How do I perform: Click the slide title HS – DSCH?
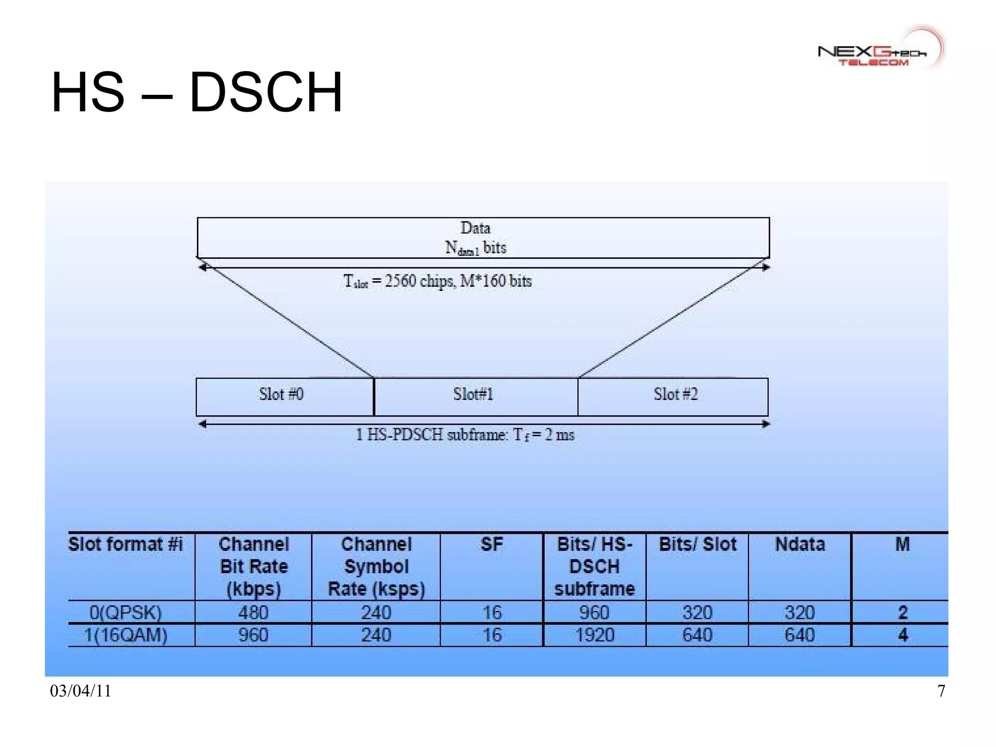tap(197, 92)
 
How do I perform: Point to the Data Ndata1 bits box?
tap(483, 237)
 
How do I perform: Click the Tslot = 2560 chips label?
tap(438, 281)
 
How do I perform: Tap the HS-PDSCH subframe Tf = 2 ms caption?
tap(465, 435)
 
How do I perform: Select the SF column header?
tap(491, 544)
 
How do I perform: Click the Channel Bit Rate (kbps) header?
tap(253, 566)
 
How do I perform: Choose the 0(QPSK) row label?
tap(125, 613)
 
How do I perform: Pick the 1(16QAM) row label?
tap(125, 636)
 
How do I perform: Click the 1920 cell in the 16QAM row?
tap(594, 636)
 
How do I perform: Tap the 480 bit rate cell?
tap(253, 613)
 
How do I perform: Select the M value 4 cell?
tap(903, 636)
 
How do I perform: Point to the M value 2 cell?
tap(903, 613)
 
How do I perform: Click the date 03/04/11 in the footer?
tap(81, 691)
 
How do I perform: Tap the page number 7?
tap(942, 691)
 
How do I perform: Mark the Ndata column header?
tap(800, 544)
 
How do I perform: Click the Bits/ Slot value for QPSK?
tap(697, 613)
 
